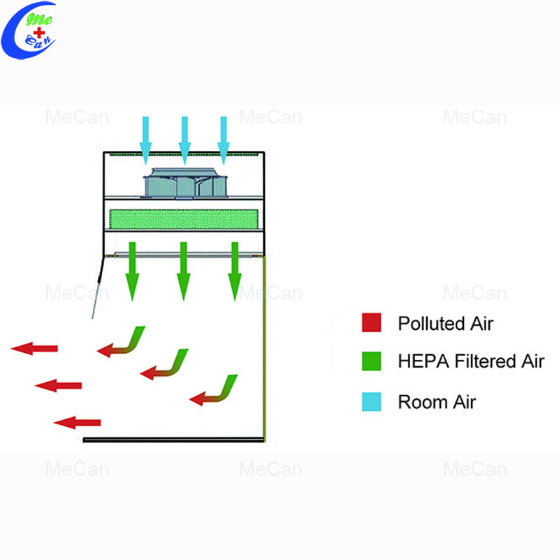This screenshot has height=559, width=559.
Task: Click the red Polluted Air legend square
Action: (371, 322)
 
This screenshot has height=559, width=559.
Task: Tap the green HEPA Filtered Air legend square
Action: (371, 361)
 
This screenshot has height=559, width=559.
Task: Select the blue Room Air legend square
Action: (371, 402)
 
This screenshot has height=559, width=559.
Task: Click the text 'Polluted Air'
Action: (445, 324)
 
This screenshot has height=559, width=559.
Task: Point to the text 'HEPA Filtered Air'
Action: (471, 361)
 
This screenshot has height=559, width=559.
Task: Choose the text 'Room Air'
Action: (437, 402)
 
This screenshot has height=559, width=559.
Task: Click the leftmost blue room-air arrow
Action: (145, 140)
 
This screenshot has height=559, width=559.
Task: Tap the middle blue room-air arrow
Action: (184, 140)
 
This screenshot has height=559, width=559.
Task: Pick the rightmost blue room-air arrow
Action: (223, 140)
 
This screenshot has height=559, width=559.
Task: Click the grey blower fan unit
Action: (185, 182)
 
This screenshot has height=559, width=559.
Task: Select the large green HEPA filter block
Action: (184, 219)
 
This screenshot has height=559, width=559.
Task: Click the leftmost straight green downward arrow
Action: (132, 271)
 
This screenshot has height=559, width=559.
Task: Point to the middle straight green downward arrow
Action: (183, 271)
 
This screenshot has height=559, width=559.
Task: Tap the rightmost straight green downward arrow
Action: (235, 271)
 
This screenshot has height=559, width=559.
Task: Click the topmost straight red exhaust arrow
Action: (34, 348)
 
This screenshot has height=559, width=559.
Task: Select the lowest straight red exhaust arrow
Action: (77, 423)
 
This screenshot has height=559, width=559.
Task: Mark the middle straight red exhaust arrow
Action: (58, 386)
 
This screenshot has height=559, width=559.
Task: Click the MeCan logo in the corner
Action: (29, 30)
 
